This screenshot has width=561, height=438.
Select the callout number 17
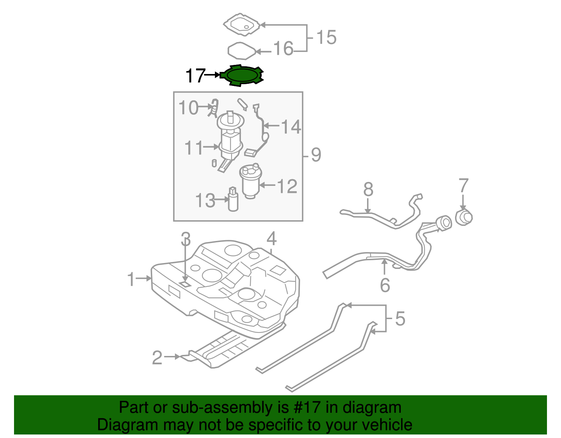(x=195, y=75)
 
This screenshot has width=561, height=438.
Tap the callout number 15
(x=326, y=37)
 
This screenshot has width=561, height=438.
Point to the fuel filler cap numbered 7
(x=464, y=218)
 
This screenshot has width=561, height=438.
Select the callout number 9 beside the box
(x=316, y=155)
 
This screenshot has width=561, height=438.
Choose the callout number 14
(x=291, y=127)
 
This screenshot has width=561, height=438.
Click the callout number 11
(x=194, y=148)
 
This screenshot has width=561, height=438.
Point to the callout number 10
(x=189, y=107)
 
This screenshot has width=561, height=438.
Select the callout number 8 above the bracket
(x=368, y=190)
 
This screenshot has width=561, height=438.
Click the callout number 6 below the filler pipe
(x=385, y=285)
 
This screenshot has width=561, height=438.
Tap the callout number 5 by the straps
(x=400, y=318)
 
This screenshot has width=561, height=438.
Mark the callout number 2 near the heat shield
(x=157, y=358)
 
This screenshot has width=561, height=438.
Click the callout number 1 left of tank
(x=131, y=279)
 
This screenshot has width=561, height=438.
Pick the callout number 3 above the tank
(x=185, y=239)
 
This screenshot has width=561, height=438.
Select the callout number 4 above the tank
(x=271, y=239)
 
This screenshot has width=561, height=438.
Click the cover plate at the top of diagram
(x=242, y=25)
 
